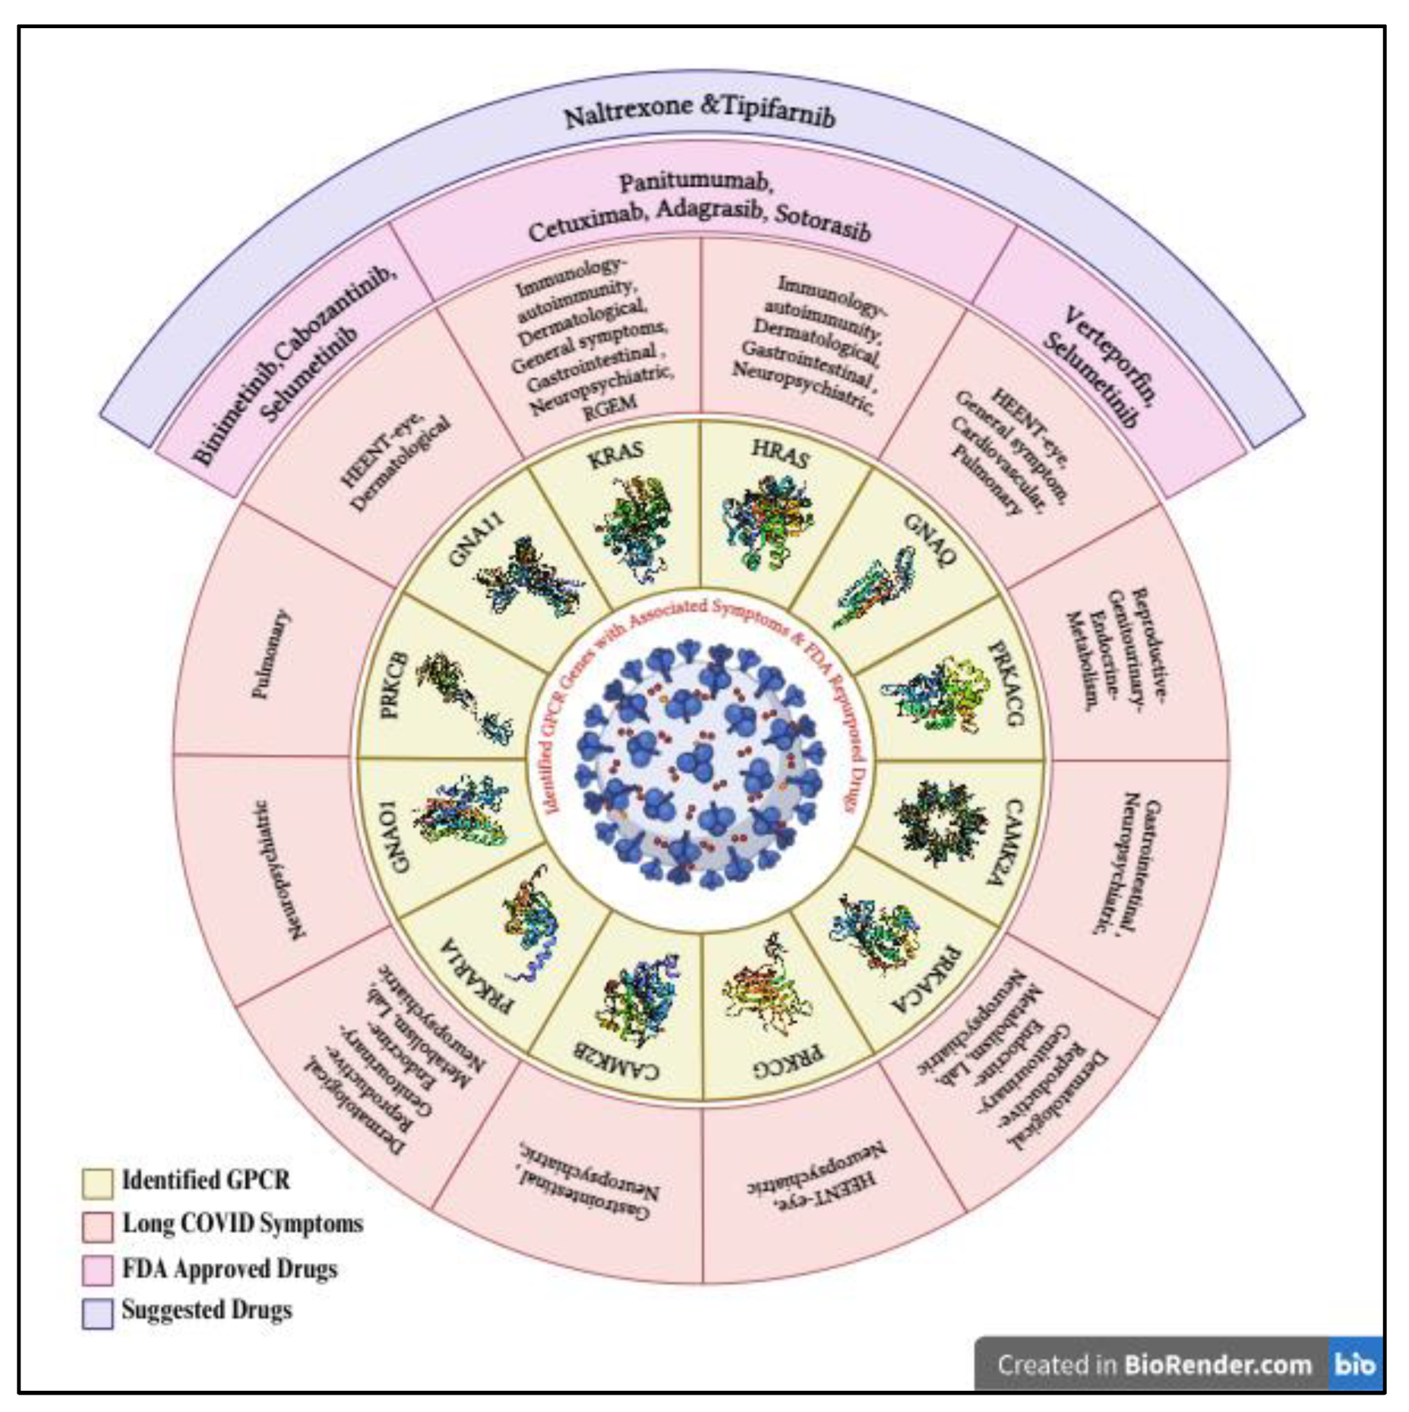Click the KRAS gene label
coord(615,456)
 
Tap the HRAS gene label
coord(780,454)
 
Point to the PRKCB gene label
coord(393,685)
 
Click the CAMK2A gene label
coord(1014,841)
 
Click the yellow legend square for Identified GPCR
coord(97,1183)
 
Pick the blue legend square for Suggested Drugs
coord(97,1313)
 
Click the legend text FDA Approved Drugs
coord(229,1269)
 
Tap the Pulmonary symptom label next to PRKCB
coord(270,654)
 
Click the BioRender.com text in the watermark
coord(1217,1365)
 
